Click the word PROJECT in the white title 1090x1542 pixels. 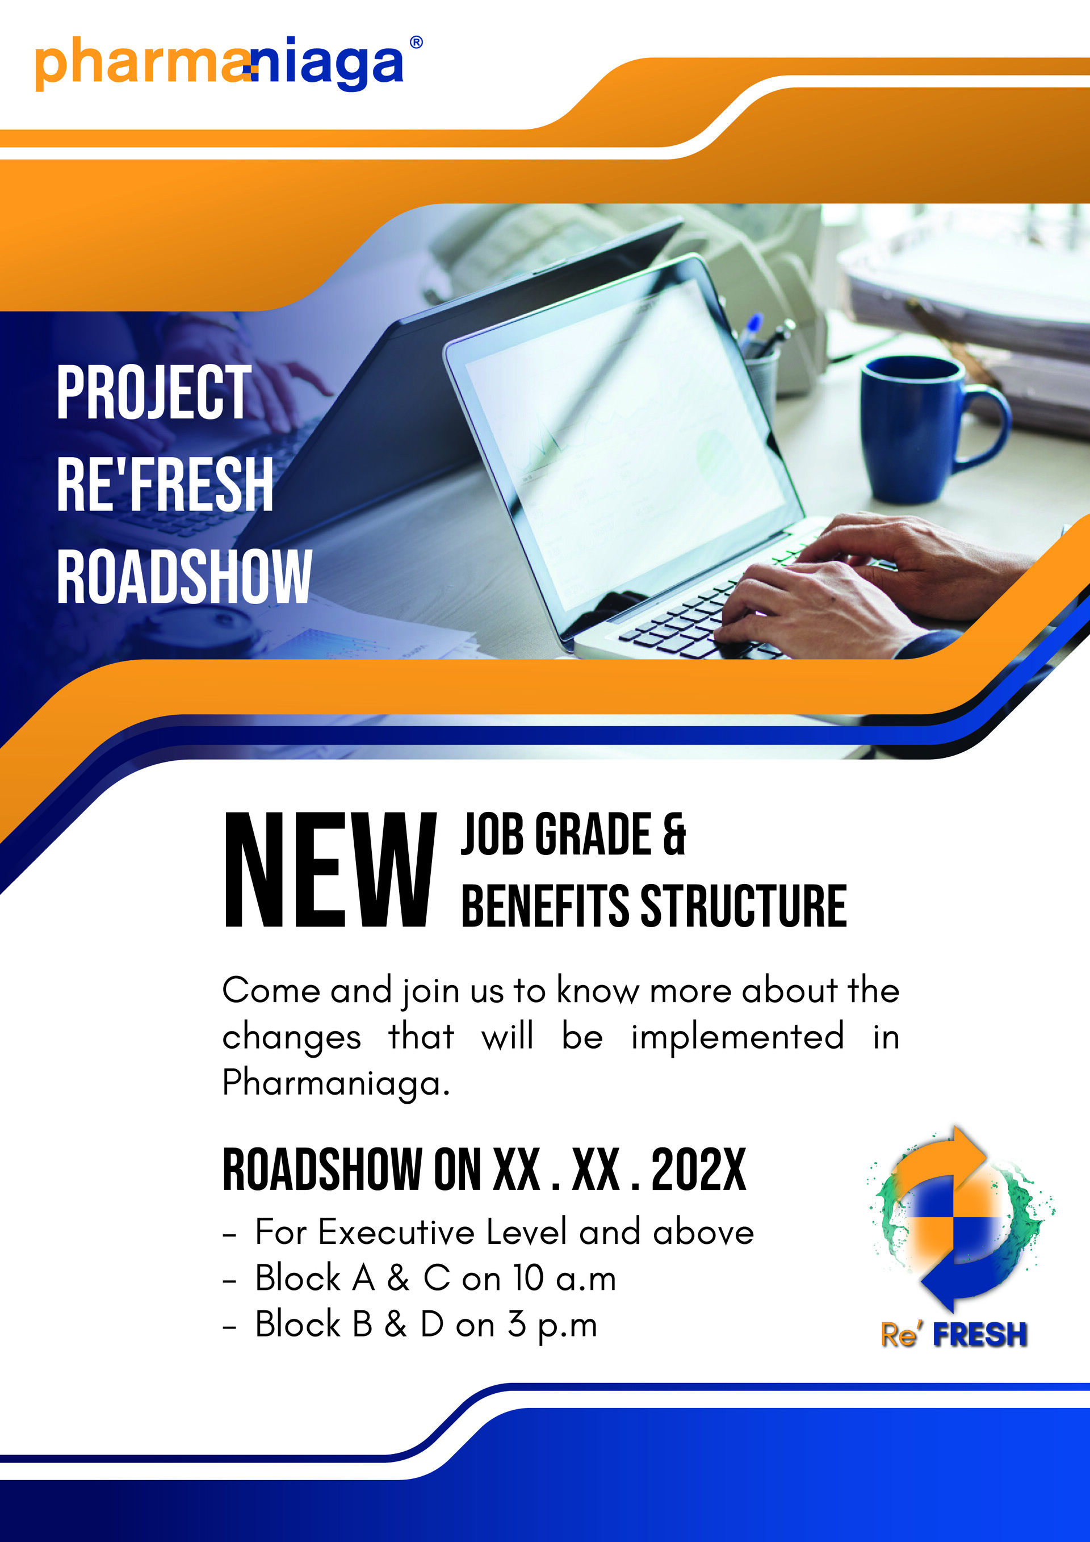tap(154, 393)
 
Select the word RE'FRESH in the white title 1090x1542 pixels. tap(165, 484)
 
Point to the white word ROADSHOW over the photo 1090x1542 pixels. tap(184, 576)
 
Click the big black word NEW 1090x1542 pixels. tap(330, 870)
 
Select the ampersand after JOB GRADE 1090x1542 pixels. tap(674, 834)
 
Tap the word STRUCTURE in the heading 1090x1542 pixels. tap(744, 906)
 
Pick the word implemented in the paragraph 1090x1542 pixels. tap(737, 1036)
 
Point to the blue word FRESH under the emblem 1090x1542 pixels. tap(980, 1334)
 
